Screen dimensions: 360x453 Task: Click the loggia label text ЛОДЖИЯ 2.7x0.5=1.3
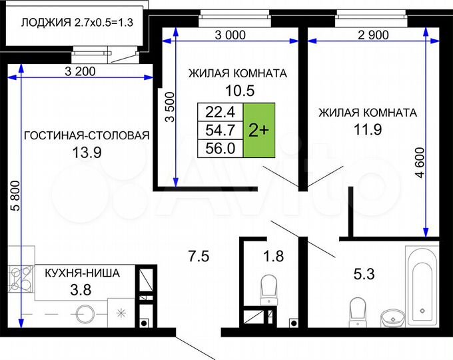tap(77, 22)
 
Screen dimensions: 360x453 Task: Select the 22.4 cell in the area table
tap(221, 111)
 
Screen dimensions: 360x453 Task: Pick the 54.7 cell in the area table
tap(221, 130)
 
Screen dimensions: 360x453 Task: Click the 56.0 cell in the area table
tap(221, 149)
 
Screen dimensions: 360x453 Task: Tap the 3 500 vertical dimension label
tap(169, 107)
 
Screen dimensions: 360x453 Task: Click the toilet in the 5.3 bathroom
tap(356, 309)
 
